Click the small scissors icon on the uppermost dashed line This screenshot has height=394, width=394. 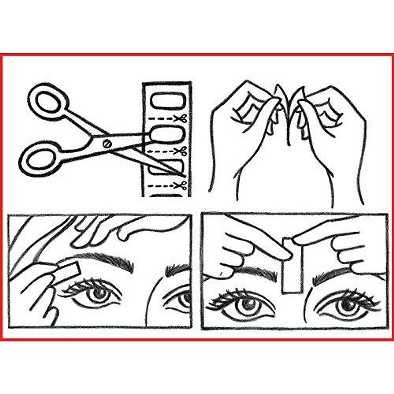180,118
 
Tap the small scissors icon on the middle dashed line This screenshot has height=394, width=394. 180,151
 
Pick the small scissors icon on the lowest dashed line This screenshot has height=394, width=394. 180,186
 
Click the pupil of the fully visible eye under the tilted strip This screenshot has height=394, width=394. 98,293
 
